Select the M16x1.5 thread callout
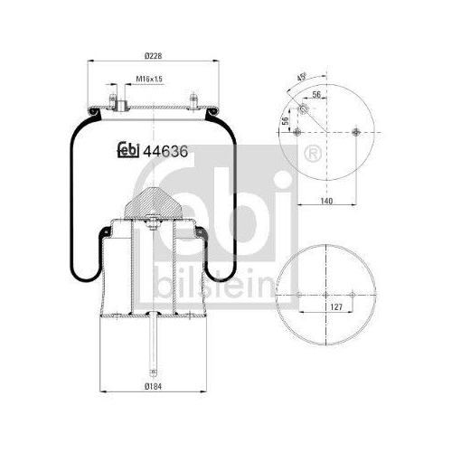(x=148, y=80)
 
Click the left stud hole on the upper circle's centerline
(x=297, y=133)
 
